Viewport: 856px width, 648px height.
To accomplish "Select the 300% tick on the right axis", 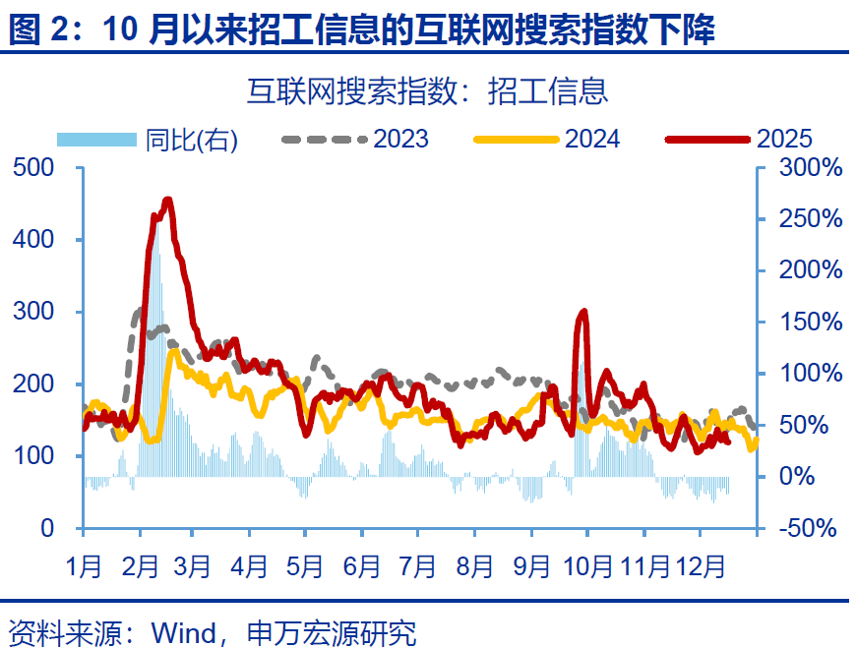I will point(810,168).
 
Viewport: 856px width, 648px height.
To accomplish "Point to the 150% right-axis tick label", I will point(810,323).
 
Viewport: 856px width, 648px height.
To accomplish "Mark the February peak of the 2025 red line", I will point(166,201).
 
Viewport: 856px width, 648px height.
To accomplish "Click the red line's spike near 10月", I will point(583,312).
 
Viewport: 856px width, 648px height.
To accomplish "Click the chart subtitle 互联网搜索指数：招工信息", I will point(427,91).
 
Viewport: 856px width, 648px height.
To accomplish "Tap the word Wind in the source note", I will point(182,631).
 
